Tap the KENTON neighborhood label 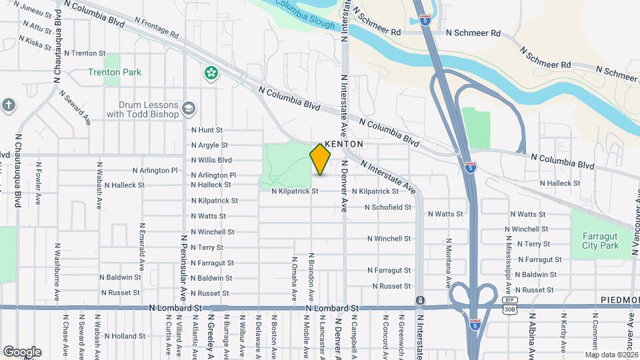pos(344,144)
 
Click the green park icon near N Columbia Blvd pos(211,72)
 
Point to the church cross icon pos(8,105)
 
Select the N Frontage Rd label pos(157,27)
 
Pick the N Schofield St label pos(387,207)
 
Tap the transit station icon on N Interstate pos(419,301)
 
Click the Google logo pos(22,351)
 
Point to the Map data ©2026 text pos(611,354)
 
